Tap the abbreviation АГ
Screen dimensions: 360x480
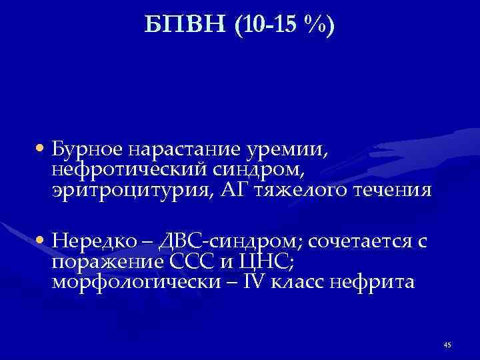pyautogui.click(x=217, y=191)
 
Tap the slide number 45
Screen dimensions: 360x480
pyautogui.click(x=447, y=344)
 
